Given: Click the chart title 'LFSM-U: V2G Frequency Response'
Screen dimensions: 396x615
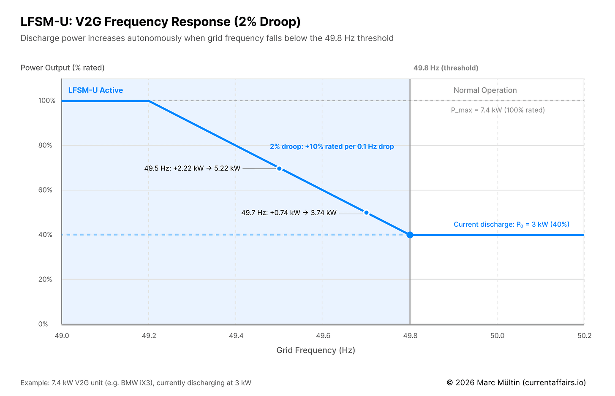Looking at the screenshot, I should (x=161, y=22).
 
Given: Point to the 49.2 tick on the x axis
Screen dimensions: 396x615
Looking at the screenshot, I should (x=149, y=336).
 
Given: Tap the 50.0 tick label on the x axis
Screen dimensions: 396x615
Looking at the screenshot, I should (x=497, y=336).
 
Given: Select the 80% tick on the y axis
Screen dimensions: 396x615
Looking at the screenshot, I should (x=45, y=146).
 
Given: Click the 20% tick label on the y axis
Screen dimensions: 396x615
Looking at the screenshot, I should (x=45, y=279).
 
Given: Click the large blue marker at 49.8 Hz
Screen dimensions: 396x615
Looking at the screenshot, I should (x=410, y=235).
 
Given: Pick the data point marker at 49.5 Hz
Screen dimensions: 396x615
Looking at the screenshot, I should (x=279, y=168).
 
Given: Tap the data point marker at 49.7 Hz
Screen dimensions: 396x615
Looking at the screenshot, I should (x=366, y=213).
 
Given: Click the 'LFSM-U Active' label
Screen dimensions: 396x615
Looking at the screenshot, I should (x=95, y=90).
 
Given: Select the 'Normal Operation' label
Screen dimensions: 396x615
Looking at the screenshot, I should (x=485, y=90).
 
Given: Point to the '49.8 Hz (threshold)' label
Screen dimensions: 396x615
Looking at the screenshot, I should (x=446, y=68).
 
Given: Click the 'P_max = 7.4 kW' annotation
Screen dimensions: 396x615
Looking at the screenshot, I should (x=498, y=110).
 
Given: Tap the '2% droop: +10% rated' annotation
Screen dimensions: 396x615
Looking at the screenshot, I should (x=332, y=147).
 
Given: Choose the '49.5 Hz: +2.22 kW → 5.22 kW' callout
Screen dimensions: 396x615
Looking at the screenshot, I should (x=192, y=168).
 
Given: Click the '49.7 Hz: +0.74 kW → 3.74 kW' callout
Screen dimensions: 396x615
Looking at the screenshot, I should (x=289, y=213).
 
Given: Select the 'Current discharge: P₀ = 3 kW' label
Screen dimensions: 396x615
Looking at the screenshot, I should (x=511, y=225).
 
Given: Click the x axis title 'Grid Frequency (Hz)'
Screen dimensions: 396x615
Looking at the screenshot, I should (x=316, y=350).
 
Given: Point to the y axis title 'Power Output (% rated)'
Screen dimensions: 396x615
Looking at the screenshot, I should (x=63, y=68).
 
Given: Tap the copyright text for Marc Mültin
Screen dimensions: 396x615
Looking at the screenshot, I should (x=516, y=383).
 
